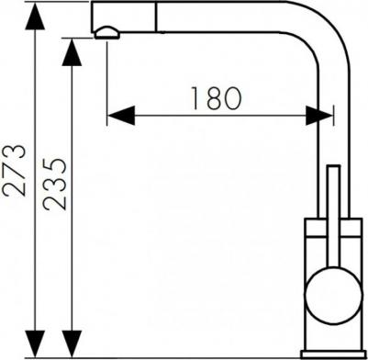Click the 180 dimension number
click(217, 98)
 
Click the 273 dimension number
click(14, 170)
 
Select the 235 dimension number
click(54, 185)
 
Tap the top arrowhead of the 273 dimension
click(35, 17)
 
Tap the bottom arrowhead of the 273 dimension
click(35, 343)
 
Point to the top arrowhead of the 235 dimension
click(72, 52)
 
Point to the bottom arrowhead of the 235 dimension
click(72, 343)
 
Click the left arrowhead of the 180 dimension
click(121, 116)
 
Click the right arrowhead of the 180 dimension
click(319, 116)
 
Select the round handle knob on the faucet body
click(334, 295)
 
